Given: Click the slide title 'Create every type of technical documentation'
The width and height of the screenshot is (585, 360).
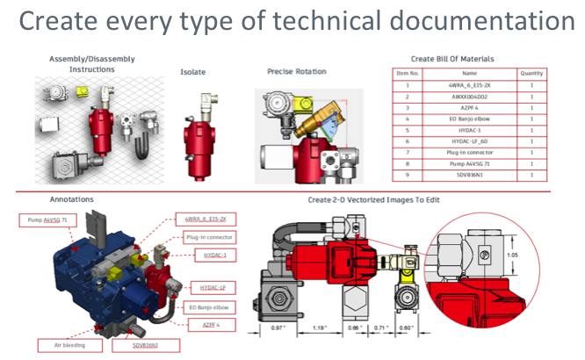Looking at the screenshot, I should (x=292, y=20).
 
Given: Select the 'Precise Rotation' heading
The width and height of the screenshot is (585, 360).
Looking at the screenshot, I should (x=296, y=70).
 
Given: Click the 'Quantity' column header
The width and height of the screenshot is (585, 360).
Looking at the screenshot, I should (x=532, y=75).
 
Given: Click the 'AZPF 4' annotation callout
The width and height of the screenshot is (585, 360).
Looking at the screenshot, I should (x=208, y=324).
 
